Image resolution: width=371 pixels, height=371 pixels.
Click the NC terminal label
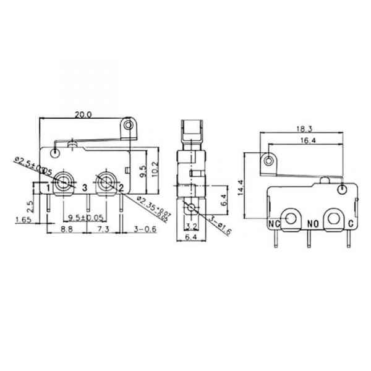pos(274,224)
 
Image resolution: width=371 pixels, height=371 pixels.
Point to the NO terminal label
pos(312,224)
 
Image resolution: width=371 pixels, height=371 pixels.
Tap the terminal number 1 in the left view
pos(48,187)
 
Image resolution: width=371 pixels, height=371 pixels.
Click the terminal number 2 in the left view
pos(121,187)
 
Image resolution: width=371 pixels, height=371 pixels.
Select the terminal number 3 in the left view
pos(84,187)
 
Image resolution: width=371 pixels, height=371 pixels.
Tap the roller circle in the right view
pos(268,161)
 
